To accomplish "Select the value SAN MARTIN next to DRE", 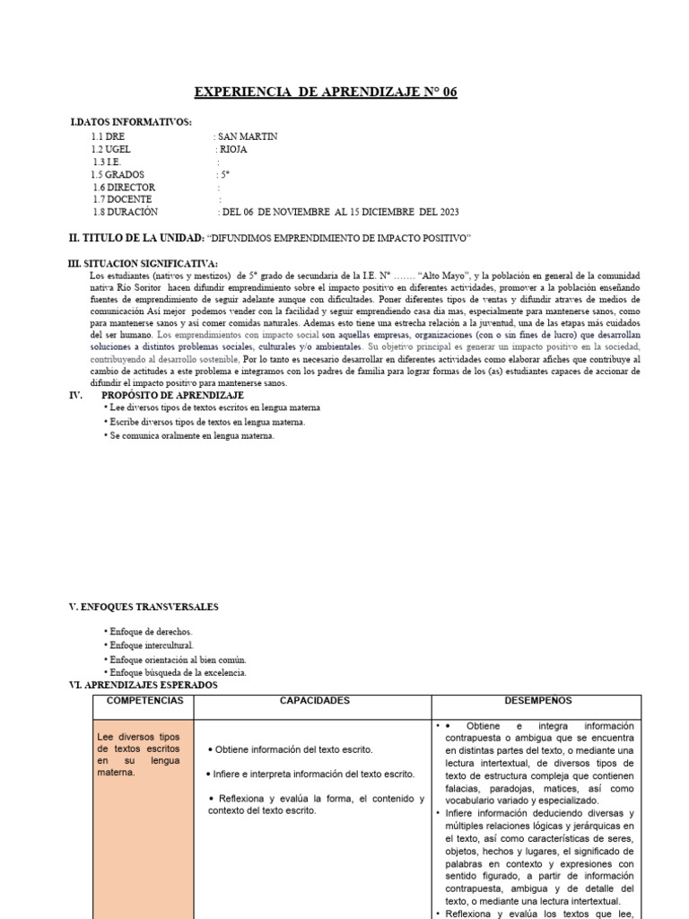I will (248, 136).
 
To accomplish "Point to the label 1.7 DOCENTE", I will (122, 199).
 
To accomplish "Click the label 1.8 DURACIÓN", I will (125, 212).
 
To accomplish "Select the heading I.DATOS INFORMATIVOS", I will (130, 122).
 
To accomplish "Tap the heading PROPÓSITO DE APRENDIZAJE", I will (173, 395).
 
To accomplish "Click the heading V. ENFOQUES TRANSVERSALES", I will (144, 608).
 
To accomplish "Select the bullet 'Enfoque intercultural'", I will (151, 645).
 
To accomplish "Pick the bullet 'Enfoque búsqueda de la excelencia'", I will (177, 672).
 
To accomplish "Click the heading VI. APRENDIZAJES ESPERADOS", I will (144, 685).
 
